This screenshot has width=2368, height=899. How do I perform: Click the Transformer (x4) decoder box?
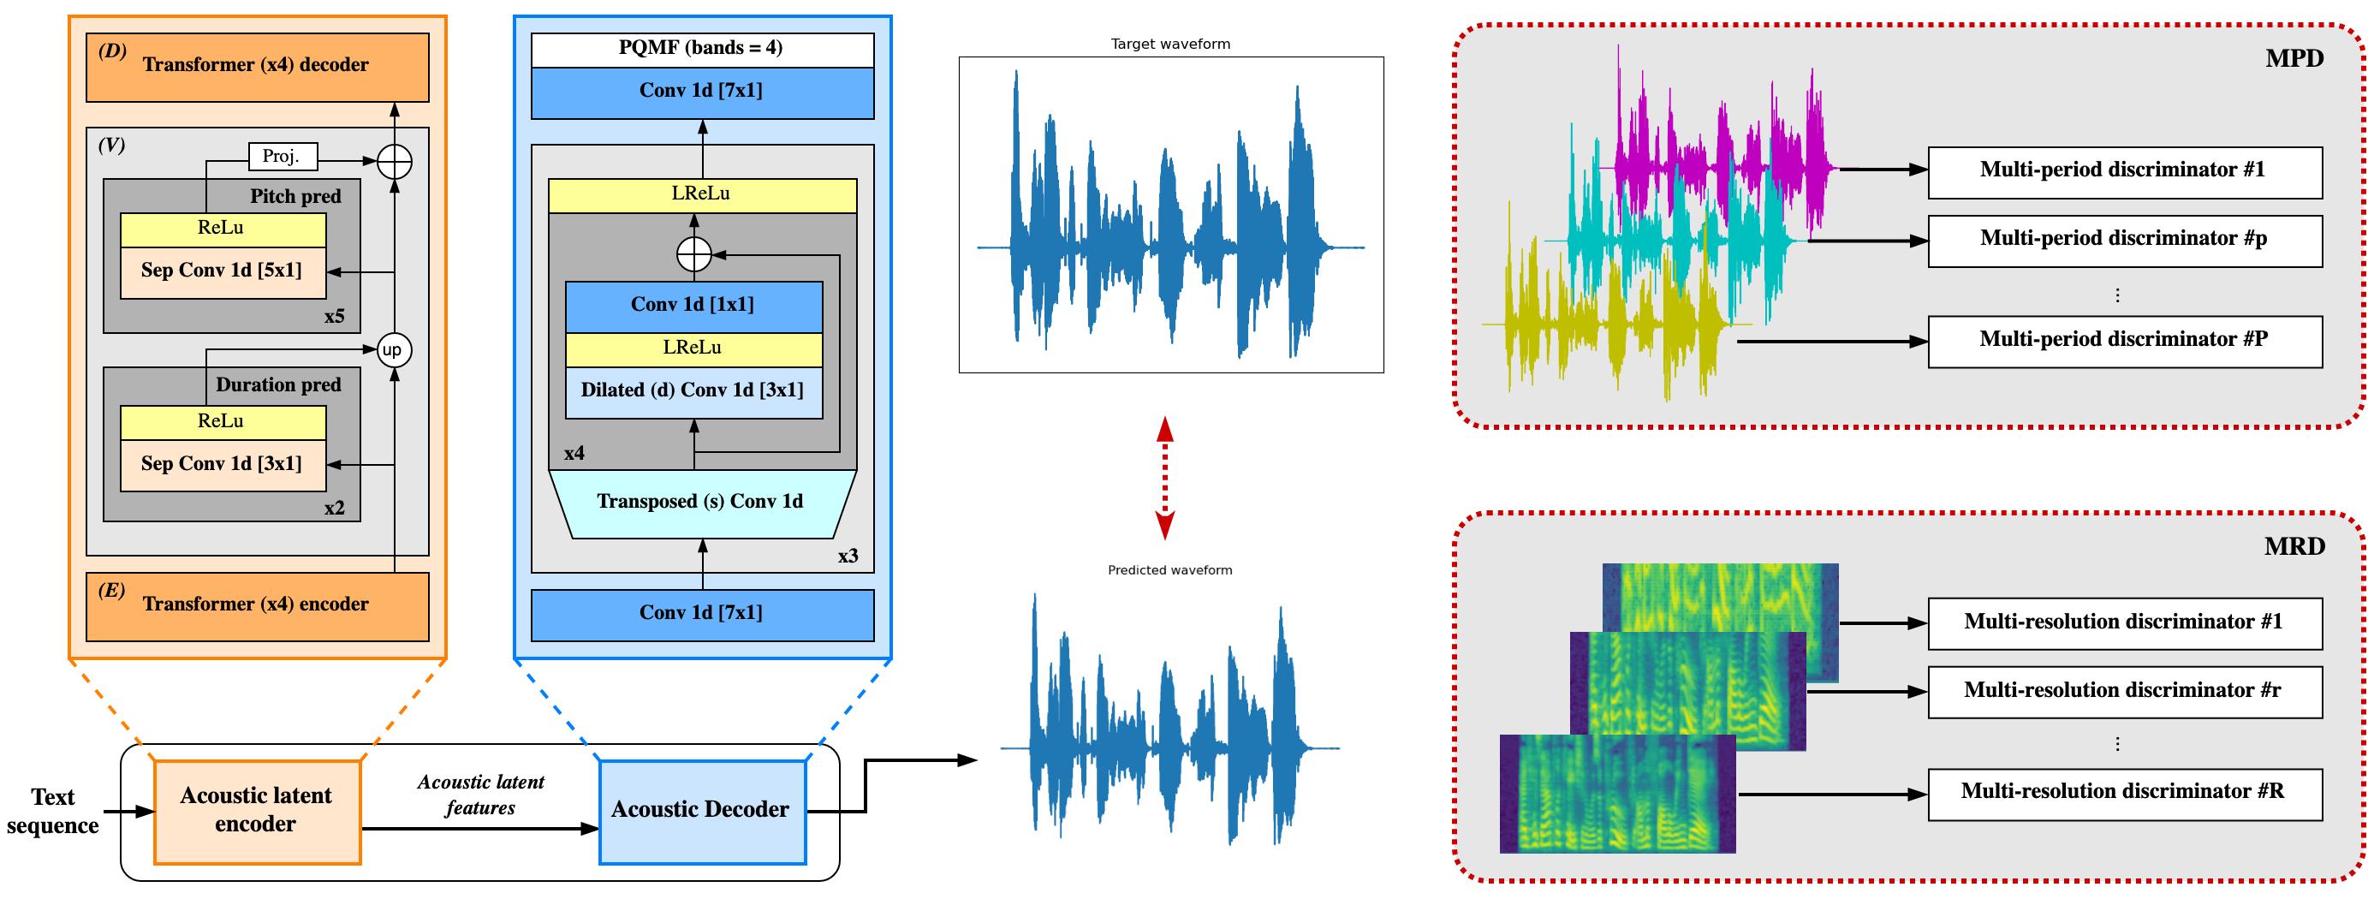click(257, 67)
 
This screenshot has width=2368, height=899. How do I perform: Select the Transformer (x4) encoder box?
click(257, 607)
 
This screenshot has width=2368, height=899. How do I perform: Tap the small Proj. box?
click(283, 157)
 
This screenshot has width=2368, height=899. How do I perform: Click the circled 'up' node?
click(394, 350)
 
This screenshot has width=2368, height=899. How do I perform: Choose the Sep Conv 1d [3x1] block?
click(223, 465)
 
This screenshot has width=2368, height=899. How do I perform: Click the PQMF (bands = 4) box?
click(701, 49)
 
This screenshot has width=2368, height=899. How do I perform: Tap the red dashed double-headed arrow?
click(1164, 478)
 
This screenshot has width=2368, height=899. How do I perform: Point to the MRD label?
click(2294, 547)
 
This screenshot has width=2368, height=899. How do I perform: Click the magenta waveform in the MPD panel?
click(1719, 157)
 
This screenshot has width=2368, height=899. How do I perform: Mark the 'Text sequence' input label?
click(52, 812)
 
